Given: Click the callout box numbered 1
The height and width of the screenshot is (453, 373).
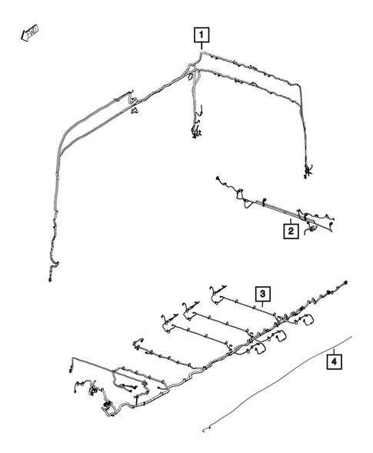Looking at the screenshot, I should click(x=201, y=35).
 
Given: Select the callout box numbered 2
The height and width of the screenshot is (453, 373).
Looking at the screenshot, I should click(x=290, y=230).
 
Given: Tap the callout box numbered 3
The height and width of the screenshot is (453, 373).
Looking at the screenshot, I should click(x=262, y=294).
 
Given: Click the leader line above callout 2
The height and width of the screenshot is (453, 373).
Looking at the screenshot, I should click(x=290, y=217).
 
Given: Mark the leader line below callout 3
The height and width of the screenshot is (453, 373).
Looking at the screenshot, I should click(x=262, y=305).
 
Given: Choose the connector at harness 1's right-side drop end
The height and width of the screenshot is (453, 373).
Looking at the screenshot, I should click(x=308, y=171).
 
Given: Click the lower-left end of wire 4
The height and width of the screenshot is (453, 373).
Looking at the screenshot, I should click(x=204, y=428).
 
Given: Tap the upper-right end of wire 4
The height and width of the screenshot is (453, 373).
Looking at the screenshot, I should click(x=352, y=336).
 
